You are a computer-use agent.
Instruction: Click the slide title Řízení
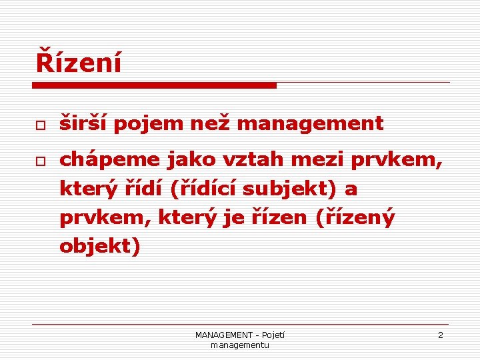(x=79, y=63)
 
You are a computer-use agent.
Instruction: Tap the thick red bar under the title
(x=154, y=85)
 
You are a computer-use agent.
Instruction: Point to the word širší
(x=82, y=123)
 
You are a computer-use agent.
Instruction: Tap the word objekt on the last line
(x=97, y=247)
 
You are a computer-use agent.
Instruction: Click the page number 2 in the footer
(x=440, y=335)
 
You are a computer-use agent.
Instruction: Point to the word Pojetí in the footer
(x=273, y=335)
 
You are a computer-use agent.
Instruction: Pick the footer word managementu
(x=239, y=345)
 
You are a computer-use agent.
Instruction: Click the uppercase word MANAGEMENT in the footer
(x=224, y=335)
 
